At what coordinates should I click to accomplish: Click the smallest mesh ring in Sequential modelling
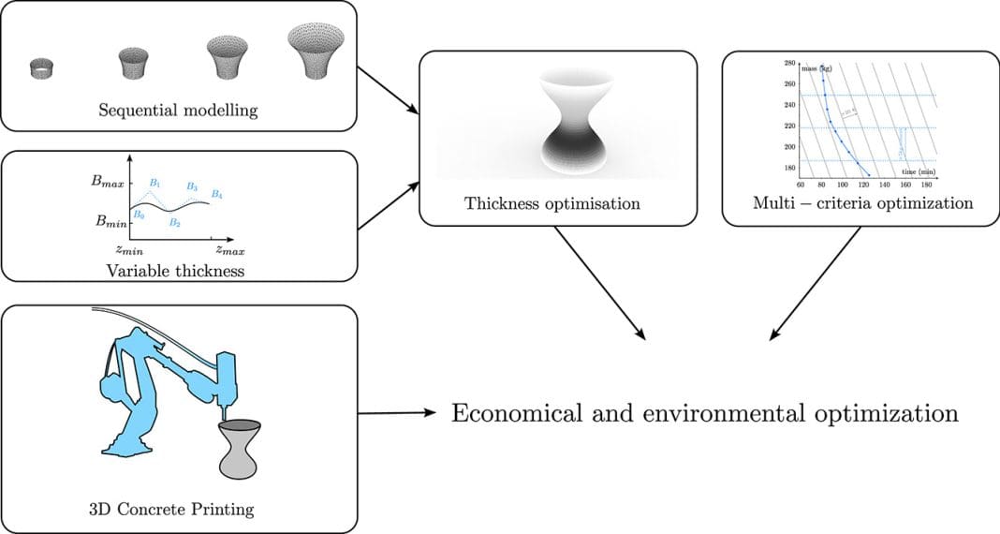(x=41, y=67)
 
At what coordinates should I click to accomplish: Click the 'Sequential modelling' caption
(x=178, y=110)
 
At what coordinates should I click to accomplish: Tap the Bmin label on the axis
(x=110, y=223)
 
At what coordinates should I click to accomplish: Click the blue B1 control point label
(x=155, y=183)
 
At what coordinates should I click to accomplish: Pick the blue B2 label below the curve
(x=174, y=223)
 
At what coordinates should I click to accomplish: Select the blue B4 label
(x=217, y=195)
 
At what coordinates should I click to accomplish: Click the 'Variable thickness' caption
(x=178, y=270)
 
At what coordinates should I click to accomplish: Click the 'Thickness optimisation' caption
(x=552, y=203)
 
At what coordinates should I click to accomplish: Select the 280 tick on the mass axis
(x=789, y=64)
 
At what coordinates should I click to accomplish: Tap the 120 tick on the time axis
(x=861, y=185)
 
